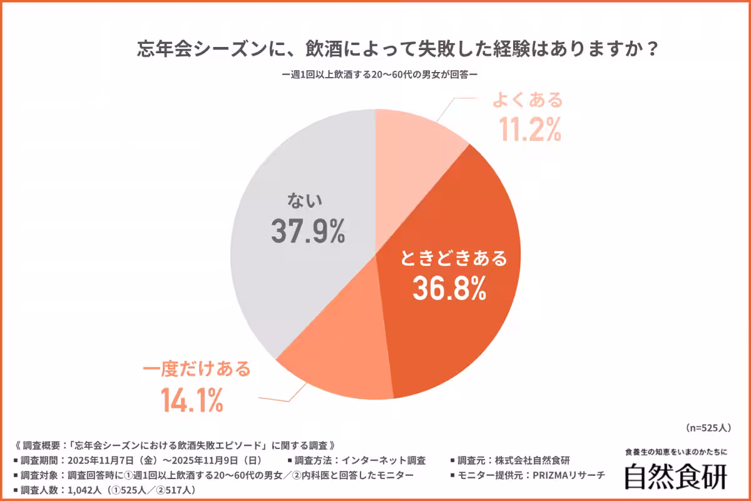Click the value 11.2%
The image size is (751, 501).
pyautogui.click(x=529, y=130)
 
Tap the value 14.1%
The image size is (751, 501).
pyautogui.click(x=192, y=400)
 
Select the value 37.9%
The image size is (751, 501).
pyautogui.click(x=308, y=232)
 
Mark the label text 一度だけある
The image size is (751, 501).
pyautogui.click(x=198, y=369)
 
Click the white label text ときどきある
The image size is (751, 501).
pyautogui.click(x=452, y=258)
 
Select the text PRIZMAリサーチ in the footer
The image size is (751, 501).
pyautogui.click(x=568, y=475)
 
